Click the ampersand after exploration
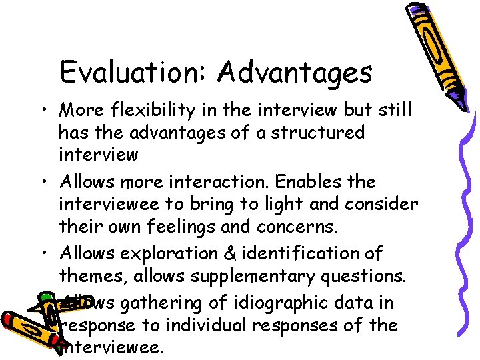217,254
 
